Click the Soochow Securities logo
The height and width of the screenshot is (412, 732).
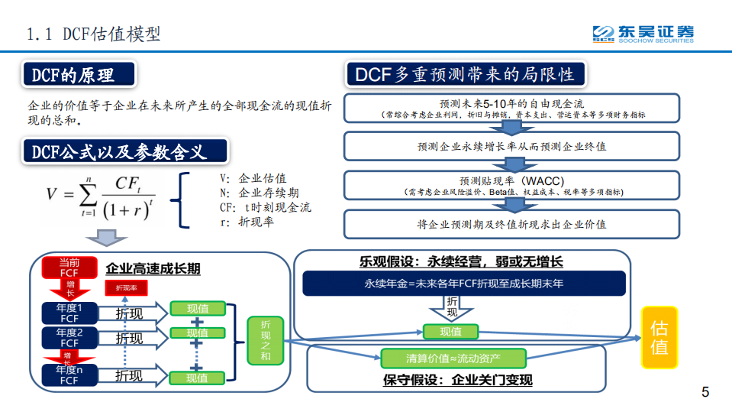coord(643,34)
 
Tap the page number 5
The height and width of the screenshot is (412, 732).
coord(705,393)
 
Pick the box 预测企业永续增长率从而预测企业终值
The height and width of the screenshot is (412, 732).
coord(511,146)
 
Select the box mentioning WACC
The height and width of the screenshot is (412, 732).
coord(511,185)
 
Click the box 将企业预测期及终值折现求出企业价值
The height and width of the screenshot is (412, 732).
coord(511,224)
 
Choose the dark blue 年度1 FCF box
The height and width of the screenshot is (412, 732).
coord(69,313)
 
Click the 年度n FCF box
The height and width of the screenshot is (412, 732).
coord(69,375)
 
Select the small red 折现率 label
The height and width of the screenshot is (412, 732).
coord(126,288)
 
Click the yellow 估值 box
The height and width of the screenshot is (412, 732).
coord(659,337)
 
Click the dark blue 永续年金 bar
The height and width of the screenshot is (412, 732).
coord(464,284)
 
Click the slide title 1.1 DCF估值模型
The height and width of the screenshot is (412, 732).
coord(93,34)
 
